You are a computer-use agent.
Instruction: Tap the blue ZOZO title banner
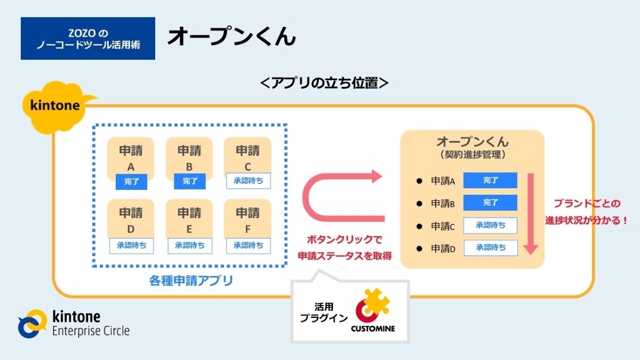(x=88, y=38)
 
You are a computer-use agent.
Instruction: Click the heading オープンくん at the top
(x=231, y=37)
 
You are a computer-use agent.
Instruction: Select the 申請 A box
(x=131, y=156)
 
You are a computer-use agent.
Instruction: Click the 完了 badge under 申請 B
(x=189, y=181)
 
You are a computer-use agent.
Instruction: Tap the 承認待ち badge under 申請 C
(x=248, y=181)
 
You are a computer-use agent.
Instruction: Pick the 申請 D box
(x=131, y=219)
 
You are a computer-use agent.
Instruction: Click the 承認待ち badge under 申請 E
(x=189, y=245)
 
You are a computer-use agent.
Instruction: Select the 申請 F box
(x=248, y=219)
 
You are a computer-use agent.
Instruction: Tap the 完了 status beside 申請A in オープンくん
(x=490, y=180)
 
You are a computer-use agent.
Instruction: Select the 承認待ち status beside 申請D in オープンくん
(x=490, y=247)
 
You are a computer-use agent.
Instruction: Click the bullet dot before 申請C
(x=419, y=226)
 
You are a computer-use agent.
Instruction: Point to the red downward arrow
(x=531, y=213)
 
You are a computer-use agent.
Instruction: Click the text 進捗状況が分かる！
(x=586, y=220)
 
